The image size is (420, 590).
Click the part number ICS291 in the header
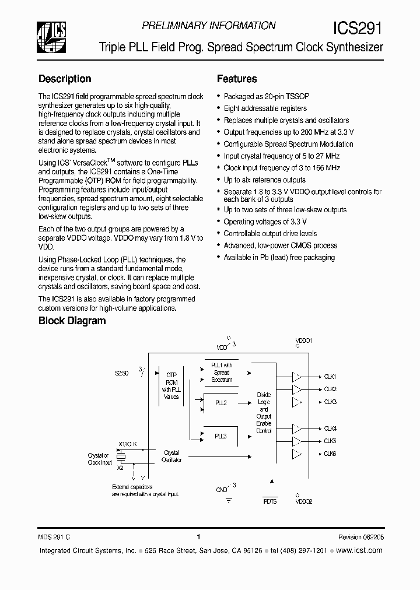coord(358,28)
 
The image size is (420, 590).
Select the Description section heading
coord(65,79)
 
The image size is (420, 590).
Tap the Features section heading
coord(237,79)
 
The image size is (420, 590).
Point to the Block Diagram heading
coord(72,321)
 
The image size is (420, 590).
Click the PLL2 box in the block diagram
coord(220,403)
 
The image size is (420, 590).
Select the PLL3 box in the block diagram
coord(220,436)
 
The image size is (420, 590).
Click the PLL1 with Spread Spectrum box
coord(221,373)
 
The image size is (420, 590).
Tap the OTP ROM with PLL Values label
coord(171,386)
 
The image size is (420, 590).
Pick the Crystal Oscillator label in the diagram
coord(171,456)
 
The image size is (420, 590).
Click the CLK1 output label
coord(330,377)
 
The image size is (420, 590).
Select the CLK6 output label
coord(330,454)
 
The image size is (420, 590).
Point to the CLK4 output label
coord(330,429)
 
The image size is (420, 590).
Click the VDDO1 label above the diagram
coord(304,340)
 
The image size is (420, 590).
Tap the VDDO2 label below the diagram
coord(304,501)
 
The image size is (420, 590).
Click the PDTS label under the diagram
coord(270,501)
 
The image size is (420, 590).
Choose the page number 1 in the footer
coord(199,537)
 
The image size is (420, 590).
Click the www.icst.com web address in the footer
coord(360,550)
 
